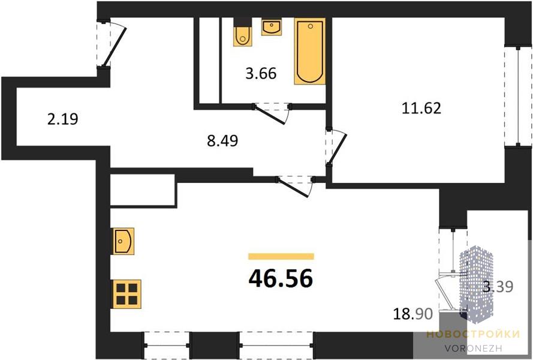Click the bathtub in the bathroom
tap(310, 51)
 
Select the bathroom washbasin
tap(271, 27)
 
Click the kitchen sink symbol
tap(124, 241)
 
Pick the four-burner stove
tap(127, 294)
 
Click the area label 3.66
tap(261, 73)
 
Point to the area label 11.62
tap(421, 108)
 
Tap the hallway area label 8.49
tap(222, 140)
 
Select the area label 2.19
tap(63, 119)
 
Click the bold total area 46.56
tap(281, 278)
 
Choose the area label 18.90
tap(413, 313)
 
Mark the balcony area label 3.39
tap(498, 287)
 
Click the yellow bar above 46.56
tap(281, 256)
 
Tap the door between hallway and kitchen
tap(295, 186)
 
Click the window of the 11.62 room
tap(517, 97)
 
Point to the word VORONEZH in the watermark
tap(473, 348)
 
